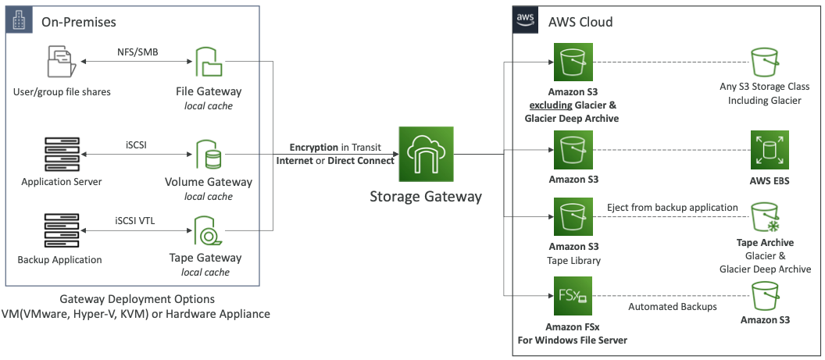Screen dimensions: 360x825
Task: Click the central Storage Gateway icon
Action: click(x=426, y=153)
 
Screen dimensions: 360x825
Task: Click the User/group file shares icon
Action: click(x=62, y=62)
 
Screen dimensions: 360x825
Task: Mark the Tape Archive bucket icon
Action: click(x=767, y=218)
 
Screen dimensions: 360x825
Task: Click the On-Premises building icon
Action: click(x=16, y=22)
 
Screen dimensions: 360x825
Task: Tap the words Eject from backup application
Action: click(x=672, y=208)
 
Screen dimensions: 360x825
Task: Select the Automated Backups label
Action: click(x=672, y=307)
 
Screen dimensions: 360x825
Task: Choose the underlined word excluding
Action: click(x=552, y=105)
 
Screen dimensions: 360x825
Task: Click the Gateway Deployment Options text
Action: click(x=137, y=299)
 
